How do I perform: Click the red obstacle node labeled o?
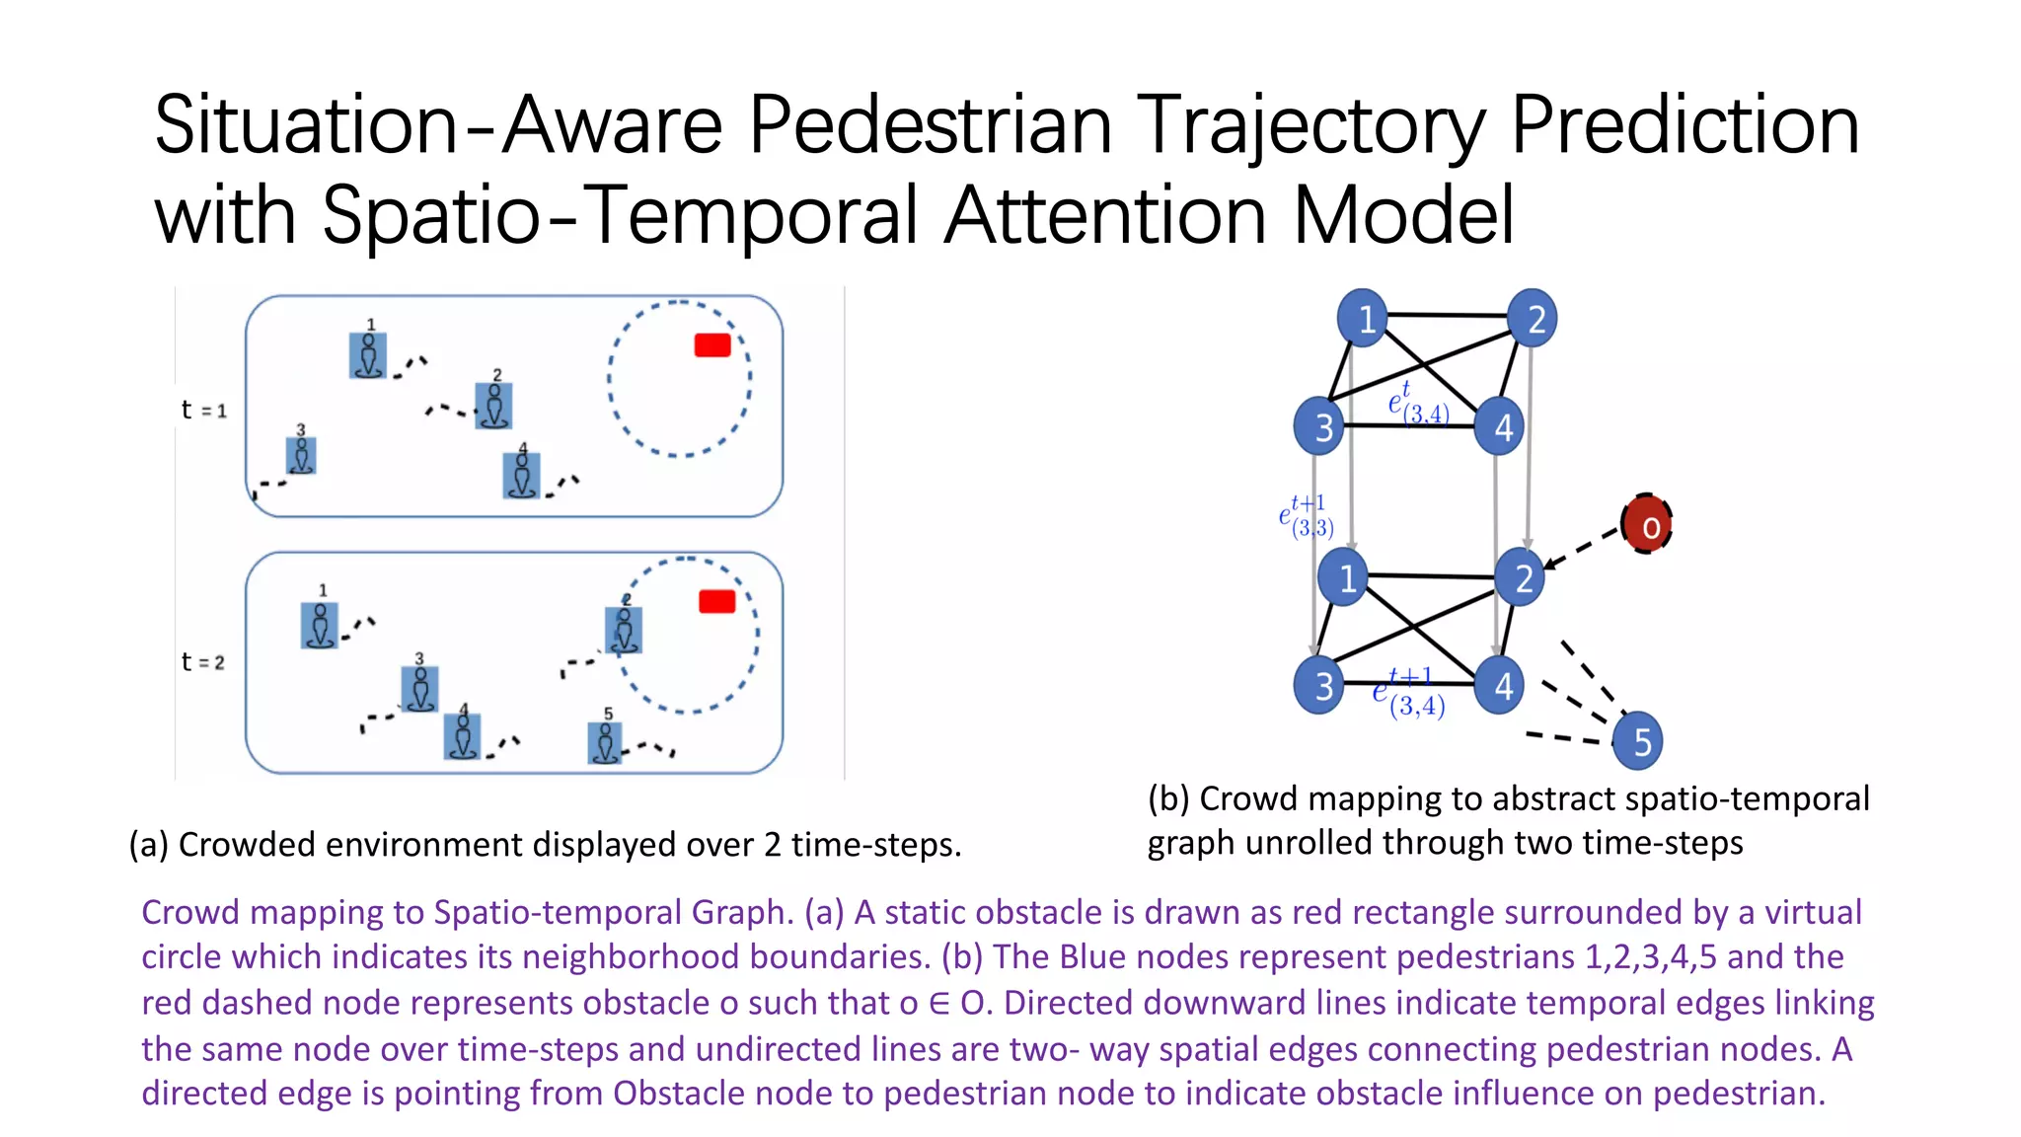pyautogui.click(x=1646, y=524)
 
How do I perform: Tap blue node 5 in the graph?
pyautogui.click(x=1637, y=740)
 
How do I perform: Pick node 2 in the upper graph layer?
pyautogui.click(x=1533, y=318)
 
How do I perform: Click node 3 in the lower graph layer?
pyautogui.click(x=1319, y=684)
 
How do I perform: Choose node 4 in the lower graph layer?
pyautogui.click(x=1499, y=685)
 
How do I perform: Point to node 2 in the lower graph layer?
pyautogui.click(x=1520, y=577)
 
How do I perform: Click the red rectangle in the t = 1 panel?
pyautogui.click(x=712, y=344)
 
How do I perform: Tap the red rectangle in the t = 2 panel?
pyautogui.click(x=716, y=601)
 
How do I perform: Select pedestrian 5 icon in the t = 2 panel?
pyautogui.click(x=605, y=742)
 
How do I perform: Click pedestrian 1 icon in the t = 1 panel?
pyautogui.click(x=368, y=355)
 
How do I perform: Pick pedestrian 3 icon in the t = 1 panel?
pyautogui.click(x=301, y=455)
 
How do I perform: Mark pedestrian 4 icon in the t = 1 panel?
pyautogui.click(x=522, y=475)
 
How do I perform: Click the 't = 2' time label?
pyautogui.click(x=203, y=661)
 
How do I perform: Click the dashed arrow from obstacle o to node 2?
pyautogui.click(x=1584, y=547)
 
